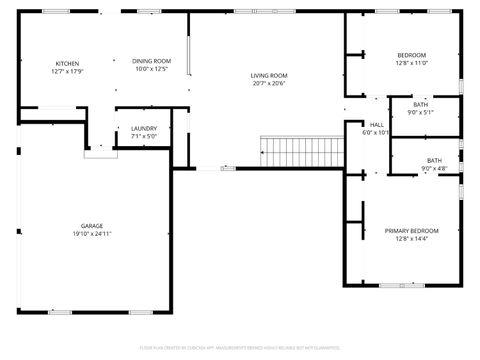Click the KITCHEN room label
[x=67, y=62]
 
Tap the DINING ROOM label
[x=152, y=62]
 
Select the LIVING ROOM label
[x=268, y=76]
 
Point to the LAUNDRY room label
[x=144, y=129]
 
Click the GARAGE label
[x=91, y=226]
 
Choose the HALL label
[x=376, y=124]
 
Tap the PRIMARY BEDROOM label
[x=411, y=231]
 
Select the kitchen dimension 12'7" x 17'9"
[x=67, y=71]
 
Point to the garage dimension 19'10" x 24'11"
[x=91, y=235]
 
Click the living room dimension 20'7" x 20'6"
[x=268, y=84]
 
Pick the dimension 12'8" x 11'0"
[x=411, y=63]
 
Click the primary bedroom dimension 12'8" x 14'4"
[x=411, y=239]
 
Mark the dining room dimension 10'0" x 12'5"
[x=152, y=70]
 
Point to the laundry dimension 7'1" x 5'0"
[x=144, y=137]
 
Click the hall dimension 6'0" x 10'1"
[x=376, y=132]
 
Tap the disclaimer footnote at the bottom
[x=240, y=347]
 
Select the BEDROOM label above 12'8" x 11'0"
[x=411, y=55]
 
